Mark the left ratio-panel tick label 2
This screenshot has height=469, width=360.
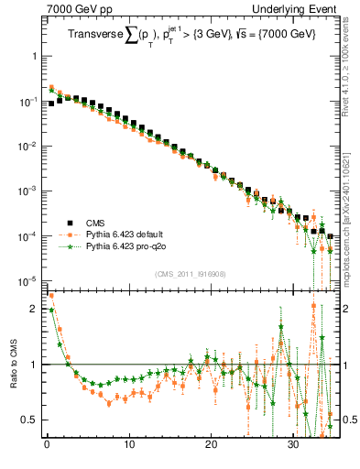coord(34,309)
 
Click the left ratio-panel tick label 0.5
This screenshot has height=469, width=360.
coord(30,420)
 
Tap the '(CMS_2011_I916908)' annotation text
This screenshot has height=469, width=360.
coord(190,274)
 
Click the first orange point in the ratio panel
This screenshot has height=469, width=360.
coord(50,296)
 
